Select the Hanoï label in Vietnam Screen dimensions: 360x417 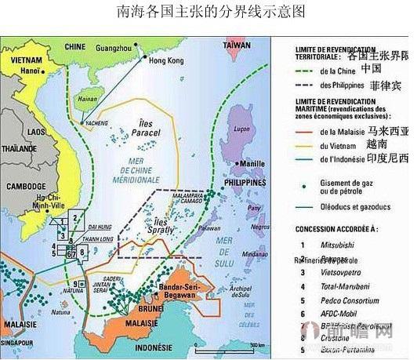30,70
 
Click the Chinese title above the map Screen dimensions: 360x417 208,13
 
